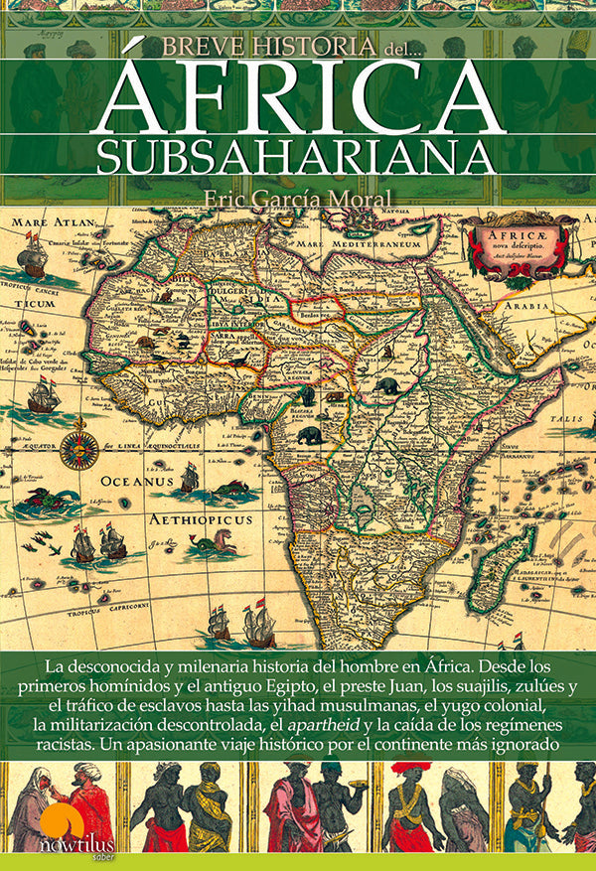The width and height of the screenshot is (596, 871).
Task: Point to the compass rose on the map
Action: point(78,450)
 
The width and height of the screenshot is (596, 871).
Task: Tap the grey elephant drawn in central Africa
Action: point(311,435)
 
